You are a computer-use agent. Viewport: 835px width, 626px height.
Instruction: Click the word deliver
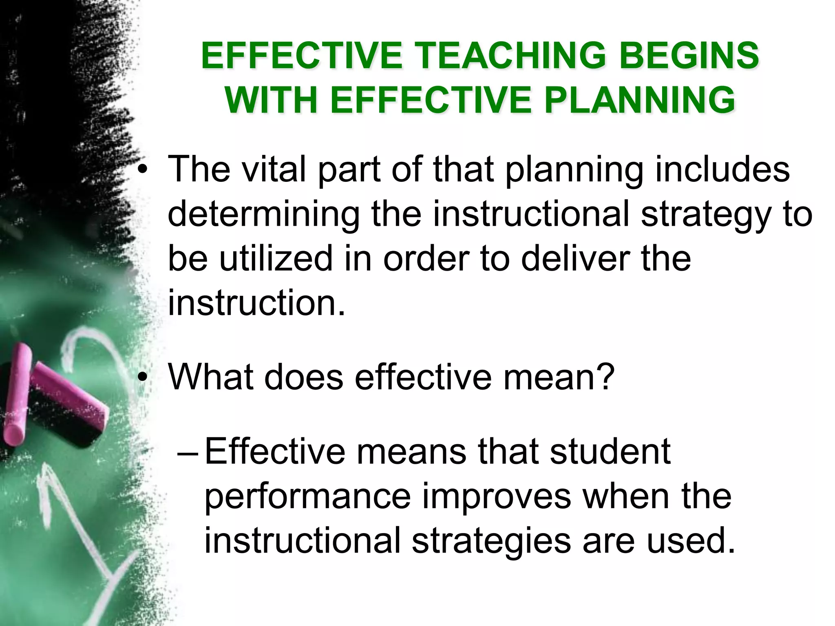[575, 259]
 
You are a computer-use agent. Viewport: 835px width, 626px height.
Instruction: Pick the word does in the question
[304, 377]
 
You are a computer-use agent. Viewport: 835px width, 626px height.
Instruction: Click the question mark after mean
[604, 377]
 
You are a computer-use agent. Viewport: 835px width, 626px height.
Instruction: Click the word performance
[307, 497]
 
